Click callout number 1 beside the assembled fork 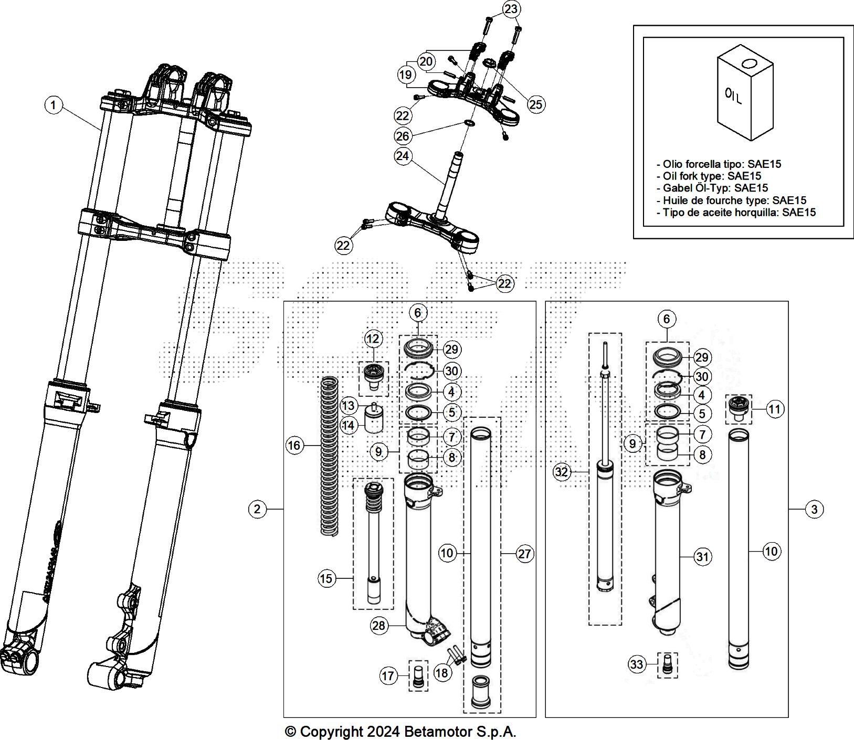53,105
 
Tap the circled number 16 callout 294,446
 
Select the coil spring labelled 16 329,457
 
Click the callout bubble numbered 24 403,156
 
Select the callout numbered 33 637,665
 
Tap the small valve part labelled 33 668,664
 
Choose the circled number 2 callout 257,509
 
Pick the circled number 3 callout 814,509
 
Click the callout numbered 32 562,472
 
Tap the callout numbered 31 702,557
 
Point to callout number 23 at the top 511,9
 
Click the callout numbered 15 326,578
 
